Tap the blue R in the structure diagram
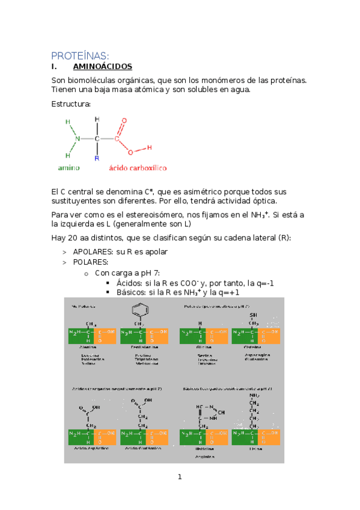[x=96, y=158]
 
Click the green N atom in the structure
[x=77, y=139]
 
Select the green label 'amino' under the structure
[x=69, y=168]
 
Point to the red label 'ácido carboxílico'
[x=138, y=168]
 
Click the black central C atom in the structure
[x=96, y=139]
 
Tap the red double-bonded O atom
[x=124, y=120]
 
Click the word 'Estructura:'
[x=71, y=103]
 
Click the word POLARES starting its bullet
[x=90, y=262]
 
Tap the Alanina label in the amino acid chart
[x=88, y=347]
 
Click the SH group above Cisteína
[x=254, y=315]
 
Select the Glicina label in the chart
[x=202, y=347]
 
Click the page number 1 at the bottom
[x=179, y=478]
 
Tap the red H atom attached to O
[x=148, y=147]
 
